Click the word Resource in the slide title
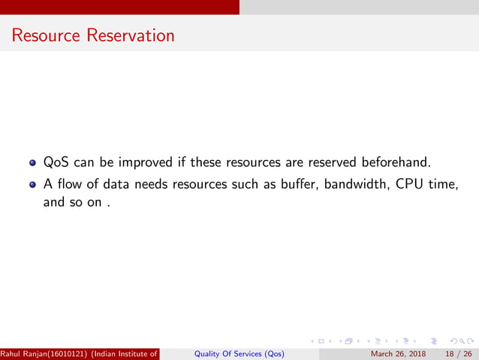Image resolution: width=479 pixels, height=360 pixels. point(46,35)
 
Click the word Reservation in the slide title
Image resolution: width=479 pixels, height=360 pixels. point(129,35)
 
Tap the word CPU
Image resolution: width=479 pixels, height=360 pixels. point(406,184)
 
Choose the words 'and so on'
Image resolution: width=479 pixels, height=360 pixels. point(72,202)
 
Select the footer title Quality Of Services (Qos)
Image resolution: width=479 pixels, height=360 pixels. point(239,354)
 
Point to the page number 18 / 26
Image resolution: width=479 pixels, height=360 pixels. point(459,354)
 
